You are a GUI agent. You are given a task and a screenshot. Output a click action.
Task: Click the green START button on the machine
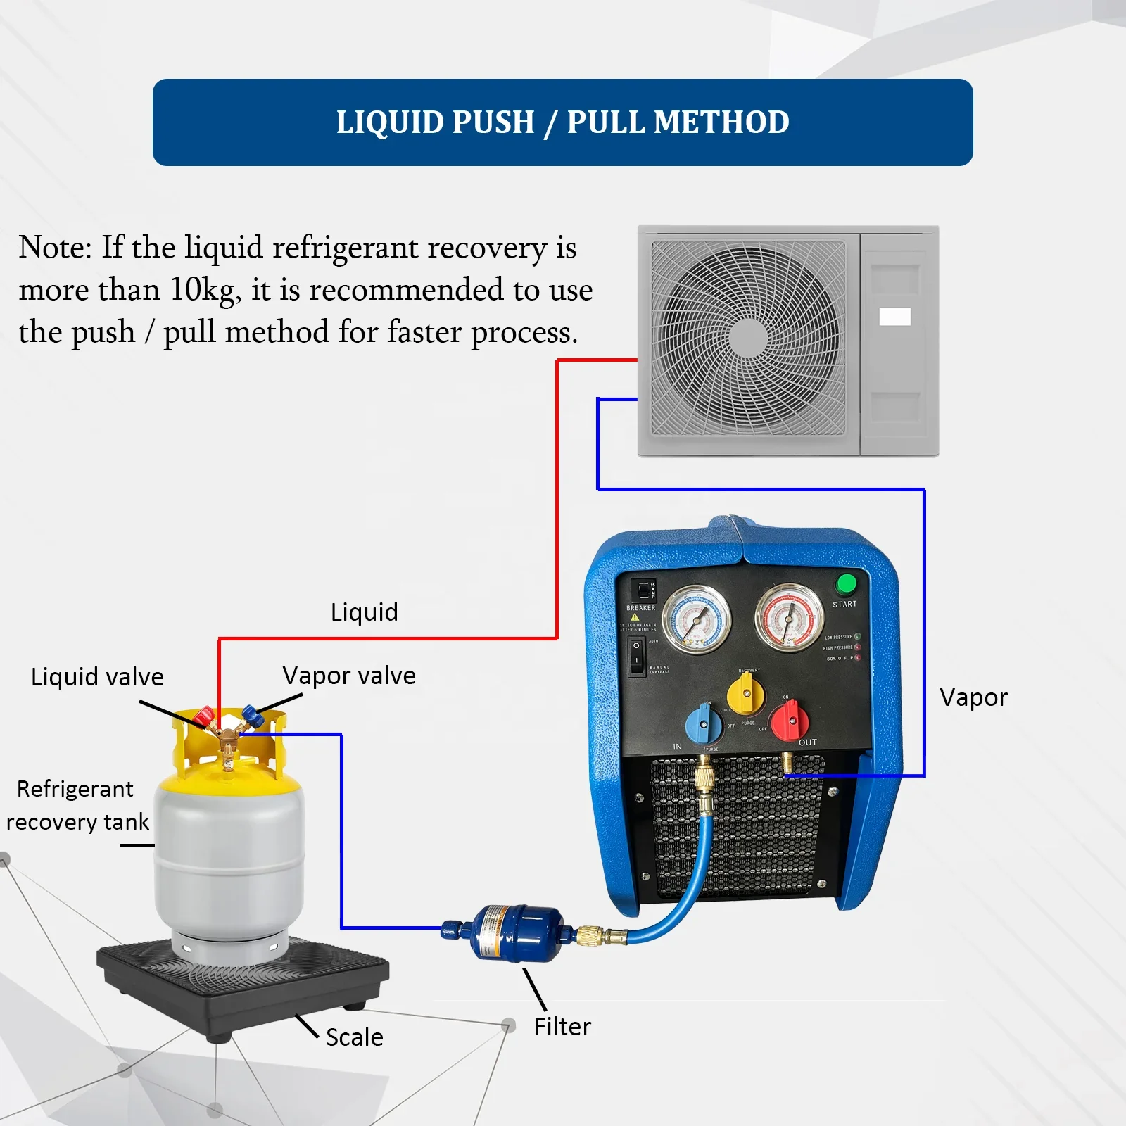pyautogui.click(x=845, y=584)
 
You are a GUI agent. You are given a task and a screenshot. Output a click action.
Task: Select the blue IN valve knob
pyautogui.click(x=702, y=723)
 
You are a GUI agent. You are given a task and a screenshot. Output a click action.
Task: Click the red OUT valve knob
pyautogui.click(x=790, y=721)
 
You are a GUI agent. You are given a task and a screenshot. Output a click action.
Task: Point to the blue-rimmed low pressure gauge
pyautogui.click(x=697, y=620)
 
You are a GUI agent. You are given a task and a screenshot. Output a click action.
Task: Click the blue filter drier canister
pyautogui.click(x=518, y=932)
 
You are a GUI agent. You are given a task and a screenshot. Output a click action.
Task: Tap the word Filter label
pyautogui.click(x=562, y=1027)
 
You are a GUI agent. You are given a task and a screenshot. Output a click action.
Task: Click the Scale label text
pyautogui.click(x=354, y=1037)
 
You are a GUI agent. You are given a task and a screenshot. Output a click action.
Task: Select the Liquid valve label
pyautogui.click(x=97, y=677)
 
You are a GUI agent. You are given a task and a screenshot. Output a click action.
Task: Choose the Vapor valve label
pyautogui.click(x=349, y=676)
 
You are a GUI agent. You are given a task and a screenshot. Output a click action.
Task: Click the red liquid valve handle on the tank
pyautogui.click(x=204, y=716)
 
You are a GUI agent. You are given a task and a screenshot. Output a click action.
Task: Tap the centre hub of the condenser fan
pyautogui.click(x=747, y=338)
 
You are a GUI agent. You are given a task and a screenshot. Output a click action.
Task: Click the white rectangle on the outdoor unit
pyautogui.click(x=894, y=317)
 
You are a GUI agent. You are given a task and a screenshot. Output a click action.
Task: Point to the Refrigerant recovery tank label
pyautogui.click(x=77, y=805)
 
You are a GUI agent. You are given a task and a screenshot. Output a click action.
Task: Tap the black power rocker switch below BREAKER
pyautogui.click(x=637, y=656)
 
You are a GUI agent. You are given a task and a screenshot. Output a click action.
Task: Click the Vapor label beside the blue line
pyautogui.click(x=973, y=697)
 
